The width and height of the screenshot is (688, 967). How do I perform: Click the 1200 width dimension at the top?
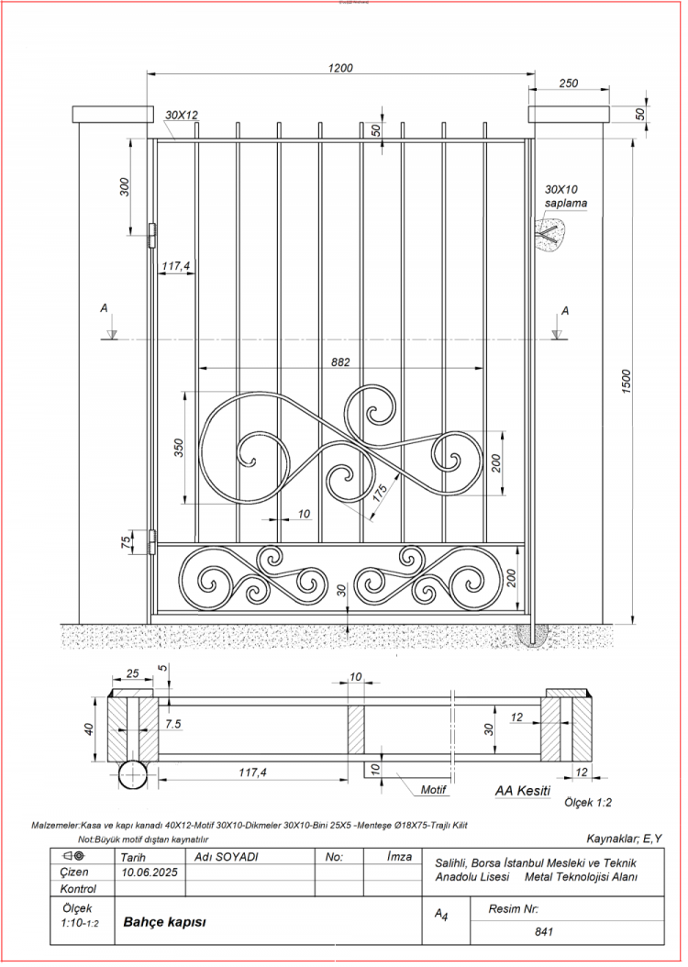tap(341, 68)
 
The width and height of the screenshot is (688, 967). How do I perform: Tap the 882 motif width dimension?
tap(339, 362)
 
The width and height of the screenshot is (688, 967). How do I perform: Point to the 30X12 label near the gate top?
tap(182, 116)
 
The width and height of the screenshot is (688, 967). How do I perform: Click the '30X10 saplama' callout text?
tap(565, 196)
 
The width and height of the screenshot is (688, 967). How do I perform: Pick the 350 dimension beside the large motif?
tap(180, 448)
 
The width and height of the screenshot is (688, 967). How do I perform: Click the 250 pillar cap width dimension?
tap(569, 83)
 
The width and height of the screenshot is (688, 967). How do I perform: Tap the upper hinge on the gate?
tap(152, 235)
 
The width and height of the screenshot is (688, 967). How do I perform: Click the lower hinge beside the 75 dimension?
tap(152, 541)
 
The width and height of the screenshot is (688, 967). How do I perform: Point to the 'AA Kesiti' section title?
tap(522, 790)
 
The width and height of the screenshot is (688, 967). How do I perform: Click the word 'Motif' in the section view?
tap(433, 789)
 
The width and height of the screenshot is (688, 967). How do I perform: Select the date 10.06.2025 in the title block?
tap(147, 873)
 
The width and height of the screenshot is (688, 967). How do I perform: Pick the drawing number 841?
tap(545, 931)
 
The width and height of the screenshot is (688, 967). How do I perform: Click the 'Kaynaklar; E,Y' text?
tap(624, 839)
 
